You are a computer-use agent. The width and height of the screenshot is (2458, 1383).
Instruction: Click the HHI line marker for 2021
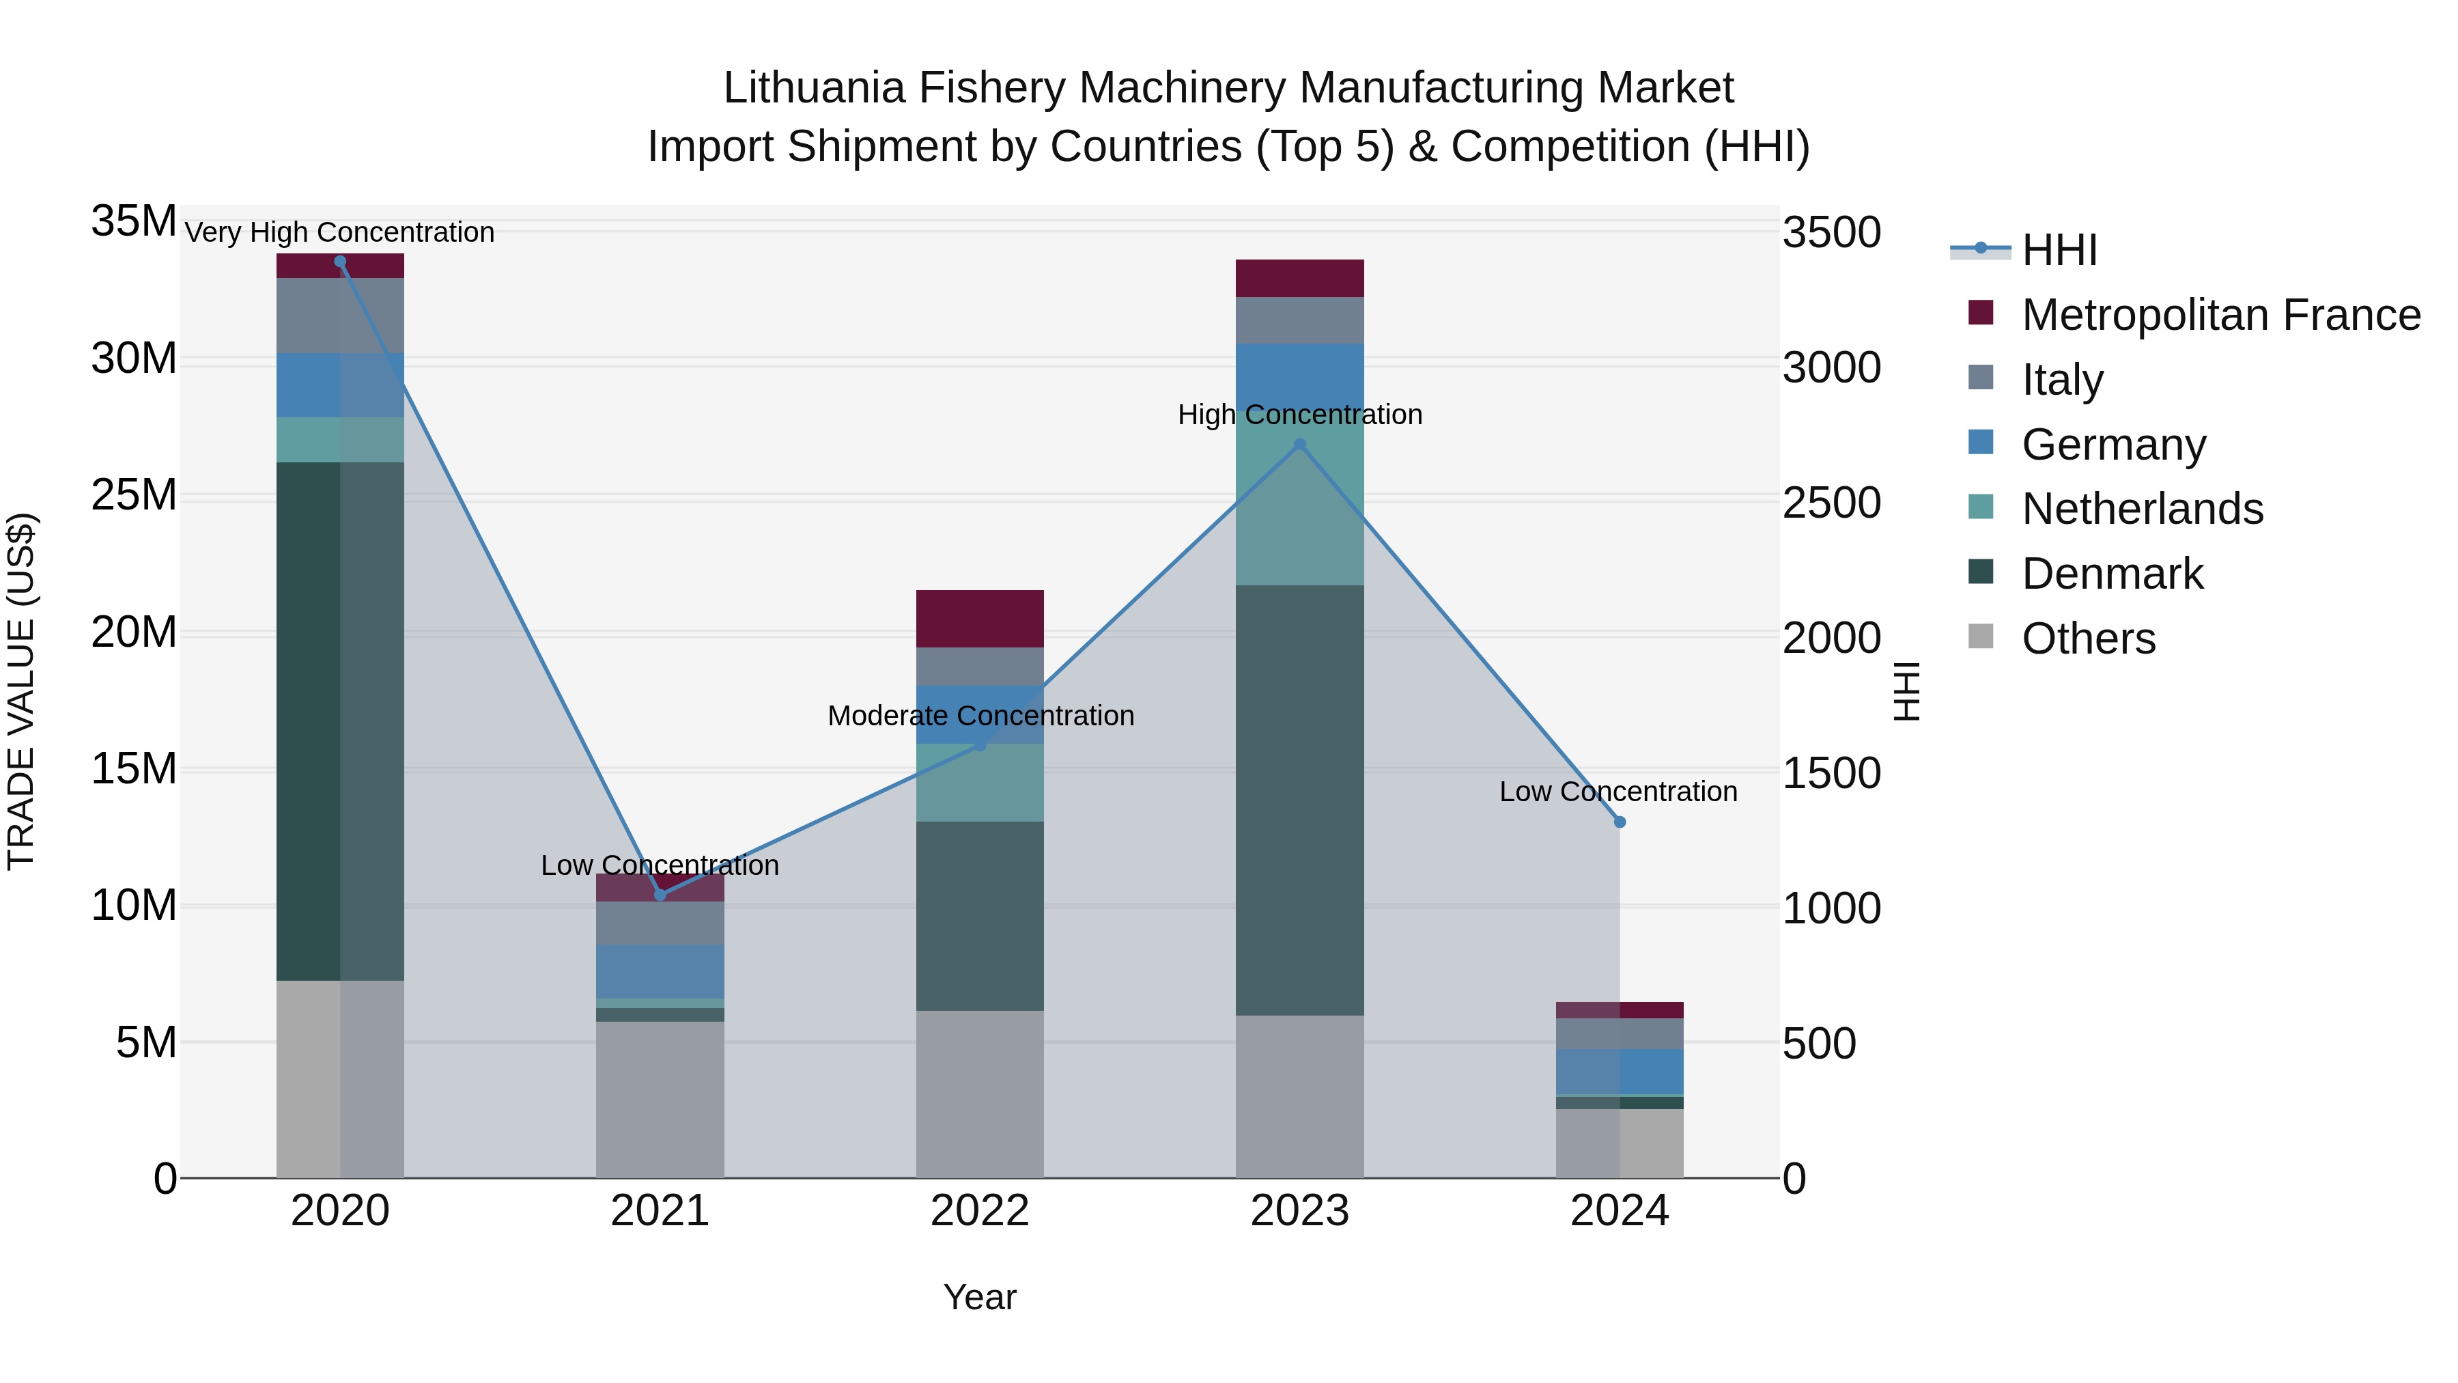(x=660, y=894)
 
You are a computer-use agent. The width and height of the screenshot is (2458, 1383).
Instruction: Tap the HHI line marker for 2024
(x=1620, y=822)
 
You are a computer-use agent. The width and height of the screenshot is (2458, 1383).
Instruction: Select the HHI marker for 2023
(x=1299, y=444)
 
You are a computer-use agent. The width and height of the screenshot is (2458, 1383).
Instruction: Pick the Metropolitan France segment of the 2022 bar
(x=980, y=619)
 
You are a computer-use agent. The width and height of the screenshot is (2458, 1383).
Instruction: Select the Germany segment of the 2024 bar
(x=1620, y=1071)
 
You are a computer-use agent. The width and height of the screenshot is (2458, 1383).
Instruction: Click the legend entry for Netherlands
(x=2141, y=509)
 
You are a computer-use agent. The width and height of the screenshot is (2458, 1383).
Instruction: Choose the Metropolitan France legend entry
(x=2220, y=315)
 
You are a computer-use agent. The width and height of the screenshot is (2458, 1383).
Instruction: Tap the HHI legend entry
(x=2059, y=250)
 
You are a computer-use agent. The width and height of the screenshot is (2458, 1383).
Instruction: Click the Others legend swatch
(x=1981, y=637)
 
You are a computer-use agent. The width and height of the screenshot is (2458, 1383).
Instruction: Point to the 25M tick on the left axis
(x=134, y=495)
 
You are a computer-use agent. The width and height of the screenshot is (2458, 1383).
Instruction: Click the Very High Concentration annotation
(x=340, y=232)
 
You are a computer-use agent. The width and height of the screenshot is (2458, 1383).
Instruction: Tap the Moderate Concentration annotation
(x=980, y=715)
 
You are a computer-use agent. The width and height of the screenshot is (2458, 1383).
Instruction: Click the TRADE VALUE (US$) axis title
(x=21, y=691)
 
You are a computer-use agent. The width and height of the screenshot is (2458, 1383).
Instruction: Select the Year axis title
(x=980, y=1297)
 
